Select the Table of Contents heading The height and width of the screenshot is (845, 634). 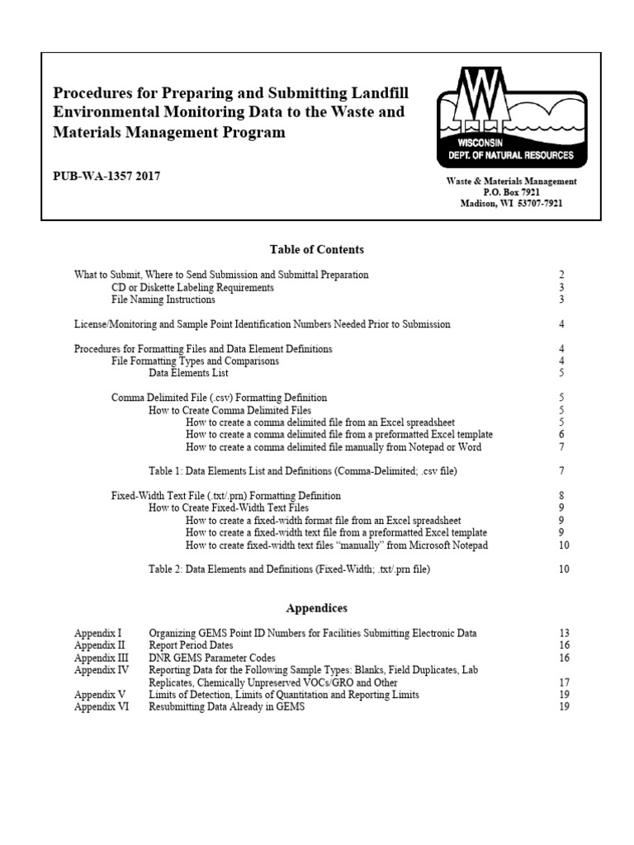[316, 248]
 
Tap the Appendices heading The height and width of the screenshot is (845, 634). [316, 608]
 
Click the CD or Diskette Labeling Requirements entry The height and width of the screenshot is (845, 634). [192, 287]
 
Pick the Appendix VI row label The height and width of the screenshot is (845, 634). [94, 707]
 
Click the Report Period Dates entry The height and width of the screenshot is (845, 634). [191, 645]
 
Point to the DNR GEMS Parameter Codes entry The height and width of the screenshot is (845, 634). [210, 658]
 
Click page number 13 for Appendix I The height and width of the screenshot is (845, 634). [564, 633]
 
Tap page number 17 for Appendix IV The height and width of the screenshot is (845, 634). [564, 682]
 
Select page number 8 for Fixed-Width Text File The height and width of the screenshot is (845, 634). [561, 495]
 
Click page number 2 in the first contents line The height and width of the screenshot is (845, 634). [561, 274]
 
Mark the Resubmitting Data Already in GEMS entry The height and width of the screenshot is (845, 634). [226, 707]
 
